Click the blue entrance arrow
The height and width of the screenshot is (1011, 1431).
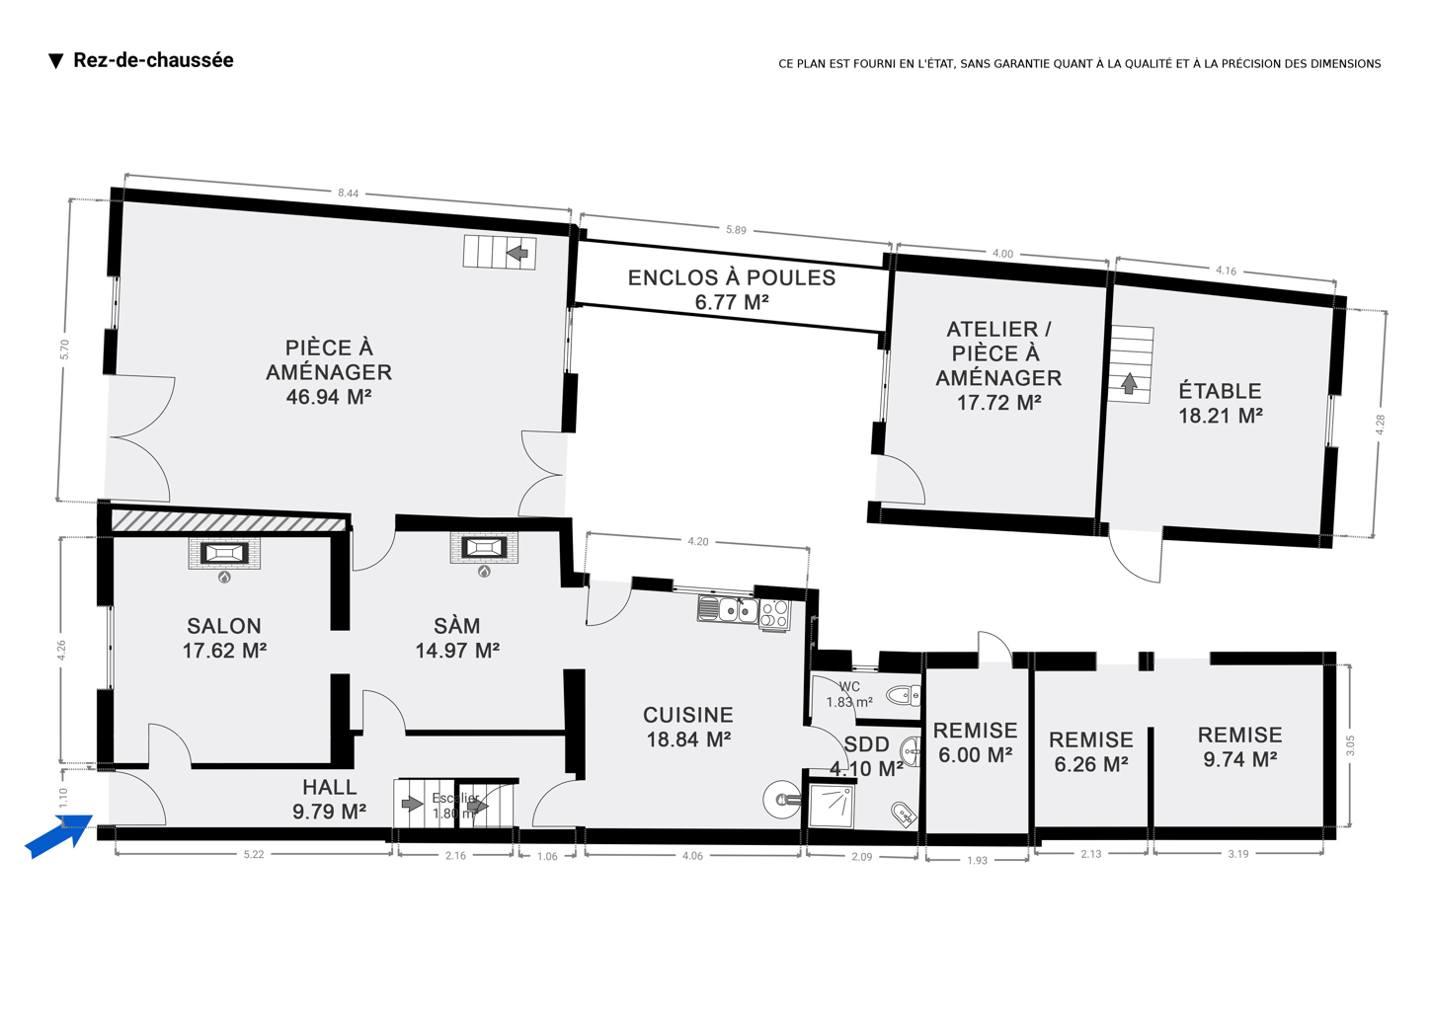tap(59, 836)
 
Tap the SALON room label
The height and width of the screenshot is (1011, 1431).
tap(224, 626)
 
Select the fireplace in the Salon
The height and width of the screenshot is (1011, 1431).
tap(225, 553)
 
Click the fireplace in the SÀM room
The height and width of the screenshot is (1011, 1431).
tap(484, 547)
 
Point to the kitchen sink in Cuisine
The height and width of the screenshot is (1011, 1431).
tap(728, 609)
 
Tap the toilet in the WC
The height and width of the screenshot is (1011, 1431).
tap(904, 695)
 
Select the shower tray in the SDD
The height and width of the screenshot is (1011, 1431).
tap(832, 807)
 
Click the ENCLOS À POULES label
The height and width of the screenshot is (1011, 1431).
tap(732, 278)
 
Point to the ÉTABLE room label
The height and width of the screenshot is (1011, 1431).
tap(1221, 391)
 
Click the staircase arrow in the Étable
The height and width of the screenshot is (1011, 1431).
tap(1130, 382)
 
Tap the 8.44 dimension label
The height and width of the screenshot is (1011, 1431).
tap(349, 193)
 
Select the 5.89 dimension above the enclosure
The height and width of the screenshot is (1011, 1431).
tap(736, 230)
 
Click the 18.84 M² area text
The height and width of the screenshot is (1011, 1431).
tap(688, 739)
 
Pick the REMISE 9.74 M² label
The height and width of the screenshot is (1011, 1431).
tap(1240, 747)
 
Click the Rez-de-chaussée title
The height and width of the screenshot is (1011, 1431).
tap(153, 60)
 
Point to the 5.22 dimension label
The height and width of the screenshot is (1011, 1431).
tap(254, 855)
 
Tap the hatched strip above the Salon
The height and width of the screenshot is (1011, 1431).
tap(229, 520)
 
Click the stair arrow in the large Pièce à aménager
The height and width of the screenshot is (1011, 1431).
tap(517, 253)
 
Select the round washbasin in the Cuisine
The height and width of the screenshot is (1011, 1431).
tap(780, 799)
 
